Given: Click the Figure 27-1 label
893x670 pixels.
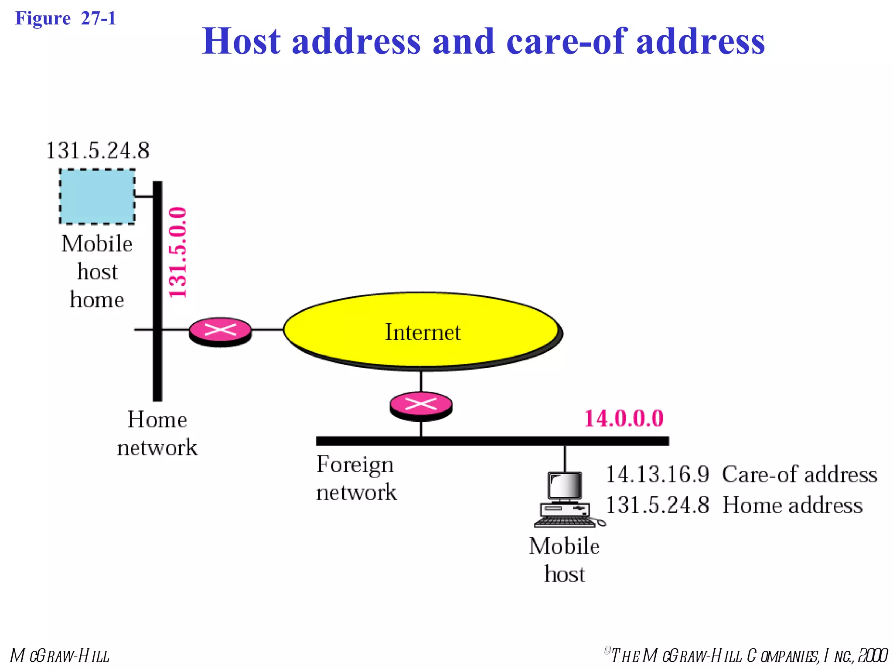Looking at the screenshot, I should [65, 18].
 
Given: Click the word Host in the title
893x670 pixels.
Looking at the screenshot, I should [241, 41].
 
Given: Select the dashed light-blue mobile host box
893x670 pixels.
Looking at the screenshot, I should [97, 197].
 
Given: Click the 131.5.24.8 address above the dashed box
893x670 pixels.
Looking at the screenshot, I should [98, 151].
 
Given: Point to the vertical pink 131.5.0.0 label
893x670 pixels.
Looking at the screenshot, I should [178, 253].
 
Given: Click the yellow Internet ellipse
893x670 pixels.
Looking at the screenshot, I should [422, 332].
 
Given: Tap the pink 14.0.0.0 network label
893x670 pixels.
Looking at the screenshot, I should [624, 418].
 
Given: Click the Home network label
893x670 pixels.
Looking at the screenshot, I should [157, 433].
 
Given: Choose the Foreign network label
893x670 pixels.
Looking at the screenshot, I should [356, 478].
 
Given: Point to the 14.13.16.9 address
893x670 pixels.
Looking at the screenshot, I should [658, 475].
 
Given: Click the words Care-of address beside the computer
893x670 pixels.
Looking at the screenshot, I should [799, 475].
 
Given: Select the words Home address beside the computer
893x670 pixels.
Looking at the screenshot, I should [792, 505].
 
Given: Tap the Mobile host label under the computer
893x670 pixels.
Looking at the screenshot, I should [564, 560].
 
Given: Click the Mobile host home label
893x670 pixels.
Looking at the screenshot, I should [97, 271].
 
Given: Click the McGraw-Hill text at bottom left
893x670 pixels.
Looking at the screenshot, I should [60, 656].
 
